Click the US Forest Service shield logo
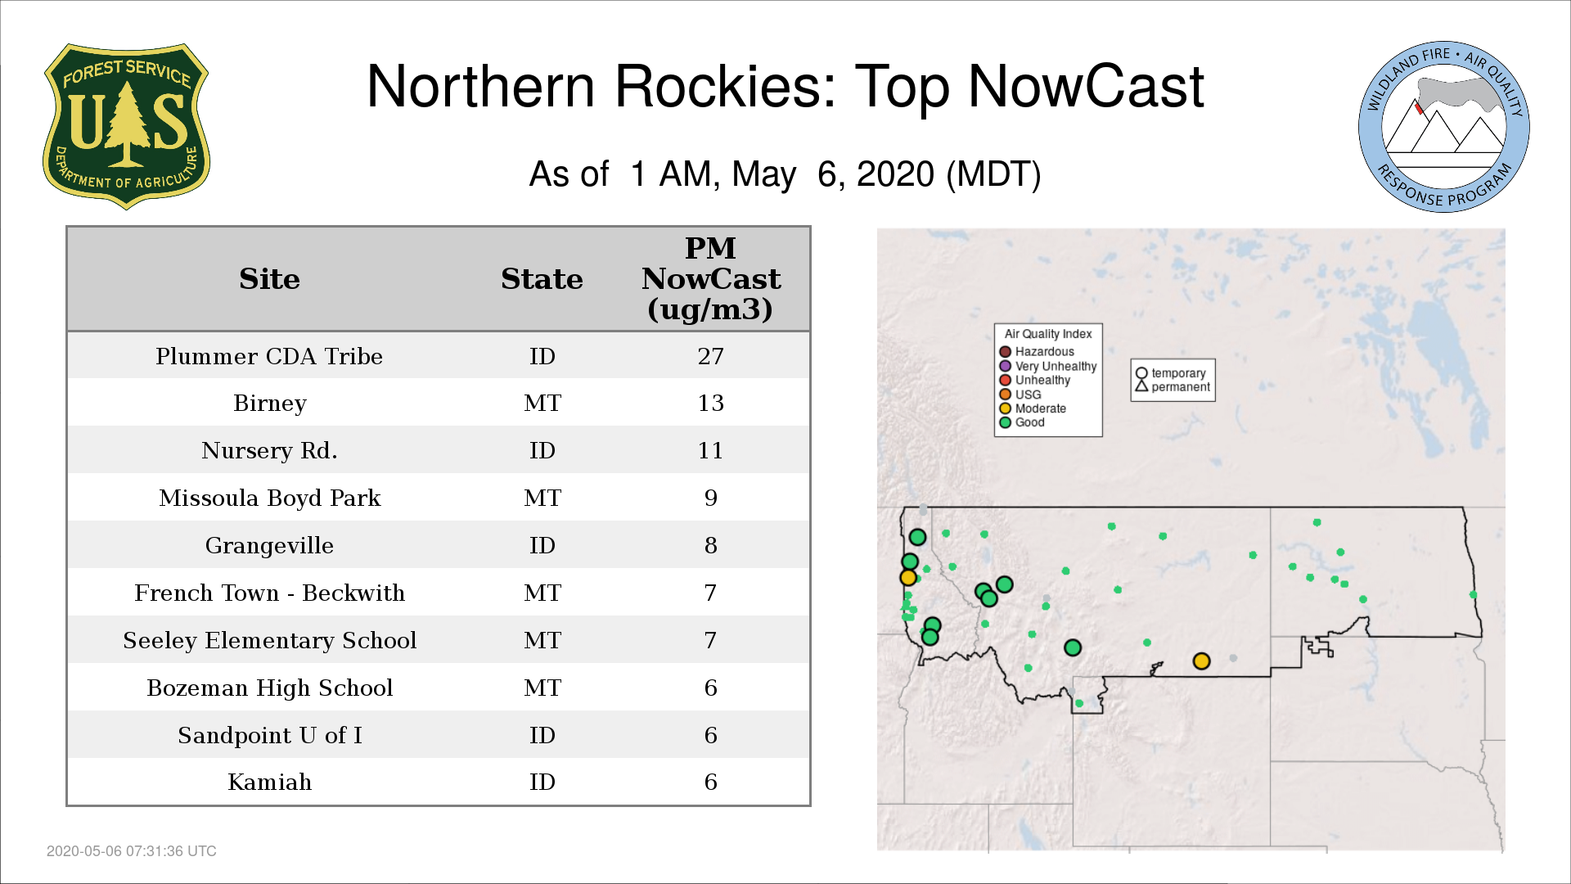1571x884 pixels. (126, 127)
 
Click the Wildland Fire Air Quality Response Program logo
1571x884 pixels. (1443, 127)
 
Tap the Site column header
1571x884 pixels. (269, 279)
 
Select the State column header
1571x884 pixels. (542, 279)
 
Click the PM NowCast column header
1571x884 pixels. (710, 278)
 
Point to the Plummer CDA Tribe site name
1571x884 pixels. (269, 357)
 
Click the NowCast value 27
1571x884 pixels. (710, 356)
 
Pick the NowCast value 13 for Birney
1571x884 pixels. (710, 403)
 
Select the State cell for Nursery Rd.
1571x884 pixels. (542, 450)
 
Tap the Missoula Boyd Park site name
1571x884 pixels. (269, 498)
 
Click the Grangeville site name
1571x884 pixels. (269, 546)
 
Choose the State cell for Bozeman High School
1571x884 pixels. (542, 688)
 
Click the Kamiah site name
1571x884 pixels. (269, 783)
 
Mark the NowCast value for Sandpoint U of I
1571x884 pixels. (710, 735)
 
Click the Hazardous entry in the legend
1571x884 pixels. (1037, 352)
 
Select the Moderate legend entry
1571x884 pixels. (1033, 408)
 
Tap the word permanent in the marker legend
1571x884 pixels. (1180, 387)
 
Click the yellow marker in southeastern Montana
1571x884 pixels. (1201, 661)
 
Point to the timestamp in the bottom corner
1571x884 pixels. (131, 851)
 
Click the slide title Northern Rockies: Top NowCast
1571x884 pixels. (785, 87)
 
